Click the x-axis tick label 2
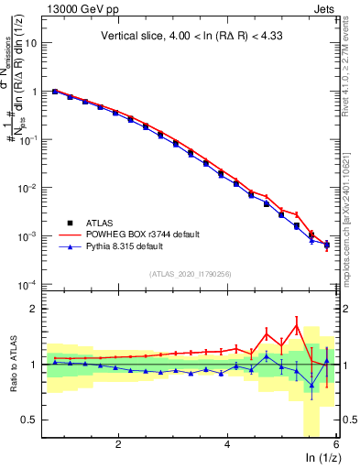118,443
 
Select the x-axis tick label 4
227,443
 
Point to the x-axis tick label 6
335,443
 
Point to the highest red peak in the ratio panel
297,322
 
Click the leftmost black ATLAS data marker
55,92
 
